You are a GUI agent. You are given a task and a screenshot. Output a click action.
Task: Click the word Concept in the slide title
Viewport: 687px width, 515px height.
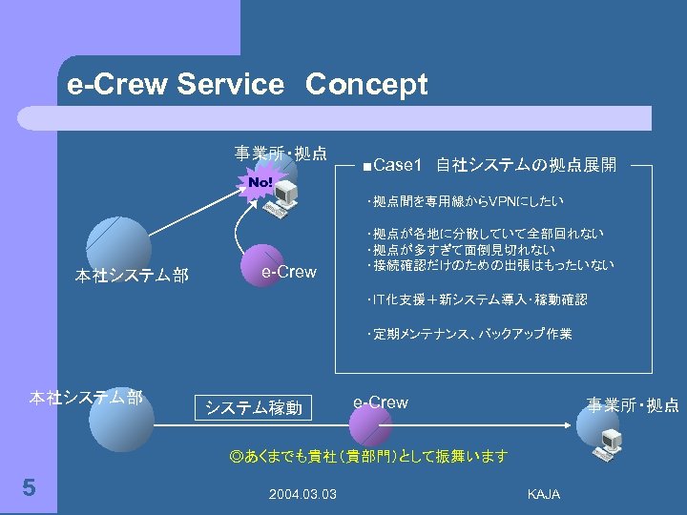pos(366,85)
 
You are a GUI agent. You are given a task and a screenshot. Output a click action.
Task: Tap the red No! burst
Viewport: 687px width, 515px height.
pos(260,181)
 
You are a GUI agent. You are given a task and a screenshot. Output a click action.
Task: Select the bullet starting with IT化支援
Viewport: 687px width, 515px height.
pos(476,299)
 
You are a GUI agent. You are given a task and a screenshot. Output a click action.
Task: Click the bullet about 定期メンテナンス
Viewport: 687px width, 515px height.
pos(468,334)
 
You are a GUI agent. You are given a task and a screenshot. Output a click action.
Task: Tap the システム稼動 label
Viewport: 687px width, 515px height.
pos(254,408)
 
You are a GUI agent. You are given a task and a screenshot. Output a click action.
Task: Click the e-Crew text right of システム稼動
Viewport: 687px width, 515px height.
pos(381,402)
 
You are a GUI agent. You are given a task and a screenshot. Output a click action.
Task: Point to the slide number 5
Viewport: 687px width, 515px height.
pos(29,488)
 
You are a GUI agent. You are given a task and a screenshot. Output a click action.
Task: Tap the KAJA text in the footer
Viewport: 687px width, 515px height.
pos(543,493)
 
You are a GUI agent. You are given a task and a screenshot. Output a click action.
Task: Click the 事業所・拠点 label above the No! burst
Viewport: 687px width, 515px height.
pos(281,153)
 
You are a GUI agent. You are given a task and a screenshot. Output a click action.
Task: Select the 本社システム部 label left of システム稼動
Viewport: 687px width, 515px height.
pos(86,398)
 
